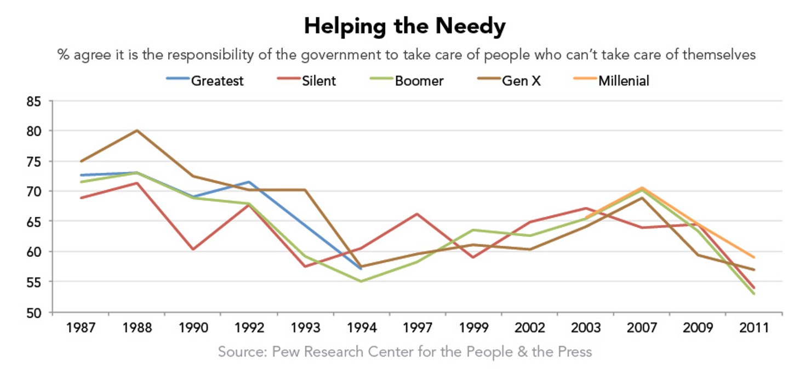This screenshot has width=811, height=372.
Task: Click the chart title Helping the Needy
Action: point(405,26)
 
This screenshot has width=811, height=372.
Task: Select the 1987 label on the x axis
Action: point(81,328)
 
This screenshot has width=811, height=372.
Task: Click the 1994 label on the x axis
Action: point(361,328)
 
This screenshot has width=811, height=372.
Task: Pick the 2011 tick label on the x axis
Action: point(754,328)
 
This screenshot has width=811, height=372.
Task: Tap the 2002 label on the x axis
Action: point(529,328)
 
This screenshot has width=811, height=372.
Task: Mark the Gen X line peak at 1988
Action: point(137,131)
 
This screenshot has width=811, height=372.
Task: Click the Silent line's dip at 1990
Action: point(193,249)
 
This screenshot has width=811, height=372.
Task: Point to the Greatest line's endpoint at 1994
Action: point(361,269)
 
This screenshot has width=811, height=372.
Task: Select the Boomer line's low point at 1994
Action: point(361,281)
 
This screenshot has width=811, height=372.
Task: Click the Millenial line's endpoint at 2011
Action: point(754,257)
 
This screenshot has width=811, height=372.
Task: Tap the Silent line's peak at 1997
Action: point(417,214)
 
